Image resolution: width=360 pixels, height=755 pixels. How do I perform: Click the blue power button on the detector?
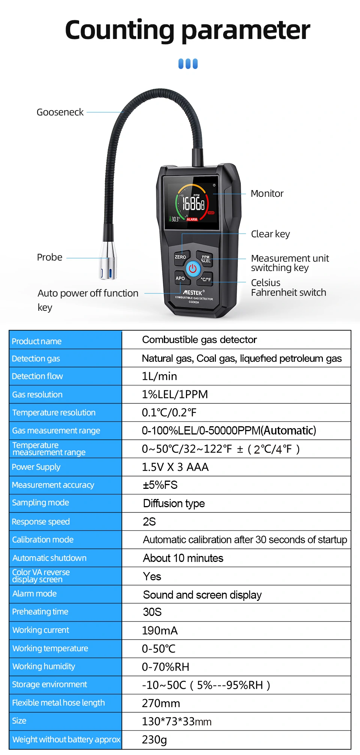coord(193,268)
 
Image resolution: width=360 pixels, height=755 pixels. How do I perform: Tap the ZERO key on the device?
coord(180,257)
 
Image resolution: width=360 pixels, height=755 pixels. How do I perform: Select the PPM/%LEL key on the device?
coord(206,259)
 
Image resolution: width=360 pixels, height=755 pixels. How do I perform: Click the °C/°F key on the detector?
coord(206,279)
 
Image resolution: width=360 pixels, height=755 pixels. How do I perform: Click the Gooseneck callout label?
coord(60,112)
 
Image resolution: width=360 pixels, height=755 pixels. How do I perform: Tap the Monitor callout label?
coord(267,194)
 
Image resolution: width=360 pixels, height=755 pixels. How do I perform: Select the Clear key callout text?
coord(270,234)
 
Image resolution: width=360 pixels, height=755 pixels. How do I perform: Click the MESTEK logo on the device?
coord(193,292)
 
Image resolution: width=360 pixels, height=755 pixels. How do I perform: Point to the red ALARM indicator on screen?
coord(192,219)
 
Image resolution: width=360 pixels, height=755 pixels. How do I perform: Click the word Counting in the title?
coord(120,30)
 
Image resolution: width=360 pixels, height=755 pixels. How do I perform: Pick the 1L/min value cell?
coord(159,376)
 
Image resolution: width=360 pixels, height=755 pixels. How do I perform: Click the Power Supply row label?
coord(36,467)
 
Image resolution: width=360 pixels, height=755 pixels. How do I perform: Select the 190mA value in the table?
coord(160,631)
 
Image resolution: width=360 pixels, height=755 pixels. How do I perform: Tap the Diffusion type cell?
coord(174,503)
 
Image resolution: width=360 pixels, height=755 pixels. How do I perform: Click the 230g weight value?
coord(154,740)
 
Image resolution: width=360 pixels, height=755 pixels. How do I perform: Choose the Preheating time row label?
coord(40,612)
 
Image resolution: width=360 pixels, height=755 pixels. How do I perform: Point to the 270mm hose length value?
coord(161,703)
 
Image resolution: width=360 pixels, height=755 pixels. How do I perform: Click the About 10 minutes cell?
coord(183,558)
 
